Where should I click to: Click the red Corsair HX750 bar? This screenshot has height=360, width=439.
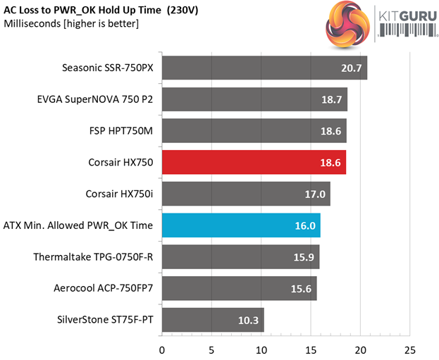pyautogui.click(x=254, y=162)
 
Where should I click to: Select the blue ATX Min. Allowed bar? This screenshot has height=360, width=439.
pyautogui.click(x=241, y=225)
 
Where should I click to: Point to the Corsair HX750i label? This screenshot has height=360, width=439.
pyautogui.click(x=118, y=194)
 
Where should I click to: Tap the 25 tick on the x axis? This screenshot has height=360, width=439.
pyautogui.click(x=410, y=349)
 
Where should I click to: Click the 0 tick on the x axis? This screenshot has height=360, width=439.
pyautogui.click(x=162, y=349)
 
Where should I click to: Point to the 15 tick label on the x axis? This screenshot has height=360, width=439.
pyautogui.click(x=311, y=349)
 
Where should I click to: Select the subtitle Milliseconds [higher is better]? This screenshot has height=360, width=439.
pyautogui.click(x=71, y=24)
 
